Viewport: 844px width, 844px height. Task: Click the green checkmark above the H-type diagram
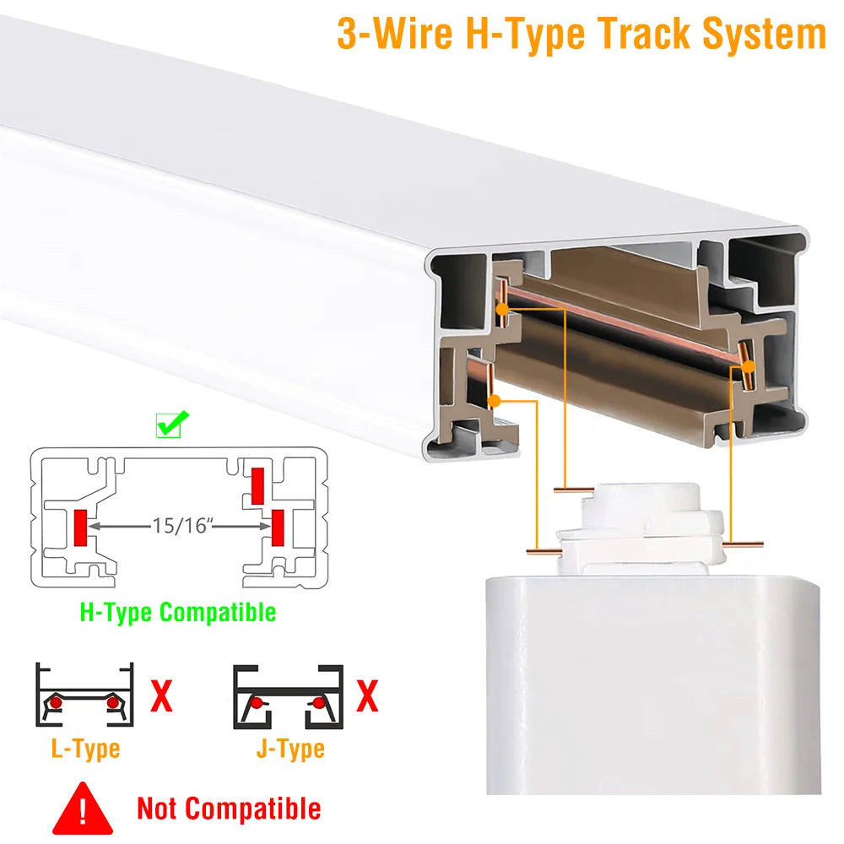(x=172, y=424)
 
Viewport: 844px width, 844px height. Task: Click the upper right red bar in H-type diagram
(x=257, y=486)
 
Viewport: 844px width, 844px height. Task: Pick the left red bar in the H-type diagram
(x=80, y=527)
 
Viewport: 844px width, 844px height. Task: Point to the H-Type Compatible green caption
(x=177, y=613)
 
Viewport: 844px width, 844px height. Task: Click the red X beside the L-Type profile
(x=161, y=696)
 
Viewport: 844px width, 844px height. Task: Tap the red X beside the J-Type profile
(x=368, y=696)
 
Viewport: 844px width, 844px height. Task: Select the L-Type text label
(x=85, y=749)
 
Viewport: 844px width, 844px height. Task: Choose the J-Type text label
(x=290, y=749)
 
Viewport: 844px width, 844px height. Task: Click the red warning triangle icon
(x=83, y=809)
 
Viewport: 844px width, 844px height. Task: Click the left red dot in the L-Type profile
(x=56, y=703)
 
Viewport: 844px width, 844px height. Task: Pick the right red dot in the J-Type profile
(x=319, y=703)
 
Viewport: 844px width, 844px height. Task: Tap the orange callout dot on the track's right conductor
(x=748, y=366)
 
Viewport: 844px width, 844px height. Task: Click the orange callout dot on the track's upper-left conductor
(x=502, y=310)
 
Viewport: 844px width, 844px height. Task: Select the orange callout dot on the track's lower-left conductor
(x=494, y=400)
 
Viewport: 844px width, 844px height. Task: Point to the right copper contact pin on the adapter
(x=743, y=544)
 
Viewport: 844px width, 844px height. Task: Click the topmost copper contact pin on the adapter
(x=574, y=490)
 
